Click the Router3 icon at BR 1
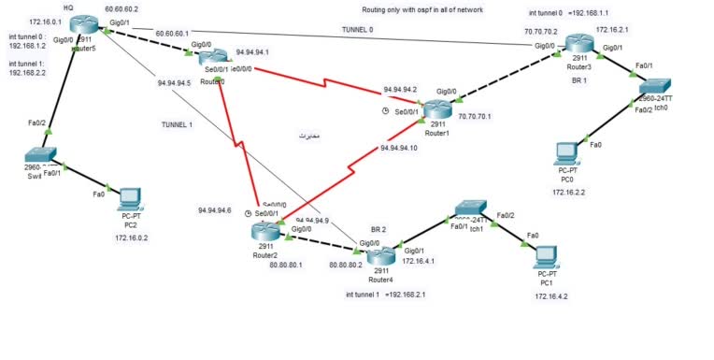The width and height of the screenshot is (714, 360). [579, 44]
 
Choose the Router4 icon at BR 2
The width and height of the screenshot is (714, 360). [379, 255]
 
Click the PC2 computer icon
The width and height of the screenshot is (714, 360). [130, 199]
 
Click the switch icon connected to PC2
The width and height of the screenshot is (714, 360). [41, 156]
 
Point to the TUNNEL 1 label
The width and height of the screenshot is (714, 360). [177, 123]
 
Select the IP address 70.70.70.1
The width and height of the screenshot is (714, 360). [477, 117]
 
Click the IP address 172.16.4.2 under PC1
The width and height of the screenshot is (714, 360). [552, 295]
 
